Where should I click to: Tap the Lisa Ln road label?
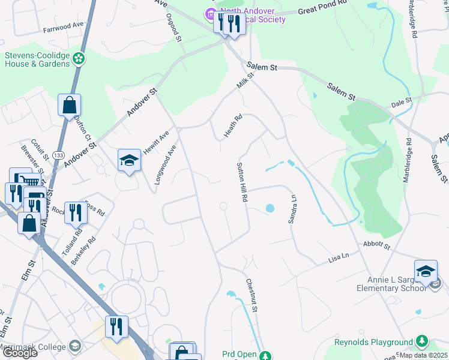[339, 257]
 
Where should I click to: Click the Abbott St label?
[377, 245]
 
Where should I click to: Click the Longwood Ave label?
[166, 164]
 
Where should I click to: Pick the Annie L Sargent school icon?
[426, 271]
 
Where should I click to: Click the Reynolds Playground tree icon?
[422, 341]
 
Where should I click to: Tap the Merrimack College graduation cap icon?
[75, 346]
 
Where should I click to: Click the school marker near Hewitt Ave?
[129, 160]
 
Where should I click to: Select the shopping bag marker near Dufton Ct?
[70, 105]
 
